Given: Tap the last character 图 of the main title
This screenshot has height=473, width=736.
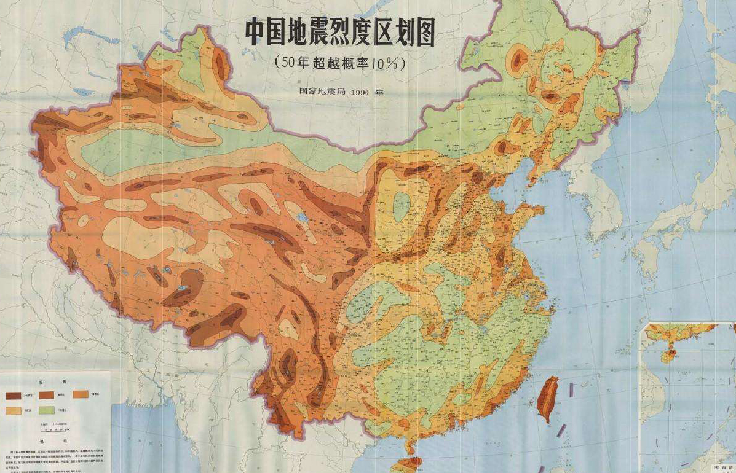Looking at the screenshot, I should pyautogui.click(x=423, y=33).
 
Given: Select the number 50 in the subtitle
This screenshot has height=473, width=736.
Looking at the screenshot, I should pyautogui.click(x=287, y=63).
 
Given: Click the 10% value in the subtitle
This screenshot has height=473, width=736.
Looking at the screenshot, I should pyautogui.click(x=385, y=63).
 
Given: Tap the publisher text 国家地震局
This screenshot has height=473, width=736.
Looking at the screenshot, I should pyautogui.click(x=319, y=93).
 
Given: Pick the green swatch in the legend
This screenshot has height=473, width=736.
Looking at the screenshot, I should pyautogui.click(x=50, y=409).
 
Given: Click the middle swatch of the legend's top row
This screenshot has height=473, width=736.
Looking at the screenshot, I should pyautogui.click(x=50, y=394).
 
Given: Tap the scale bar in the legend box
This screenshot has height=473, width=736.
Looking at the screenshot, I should pyautogui.click(x=49, y=430).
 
